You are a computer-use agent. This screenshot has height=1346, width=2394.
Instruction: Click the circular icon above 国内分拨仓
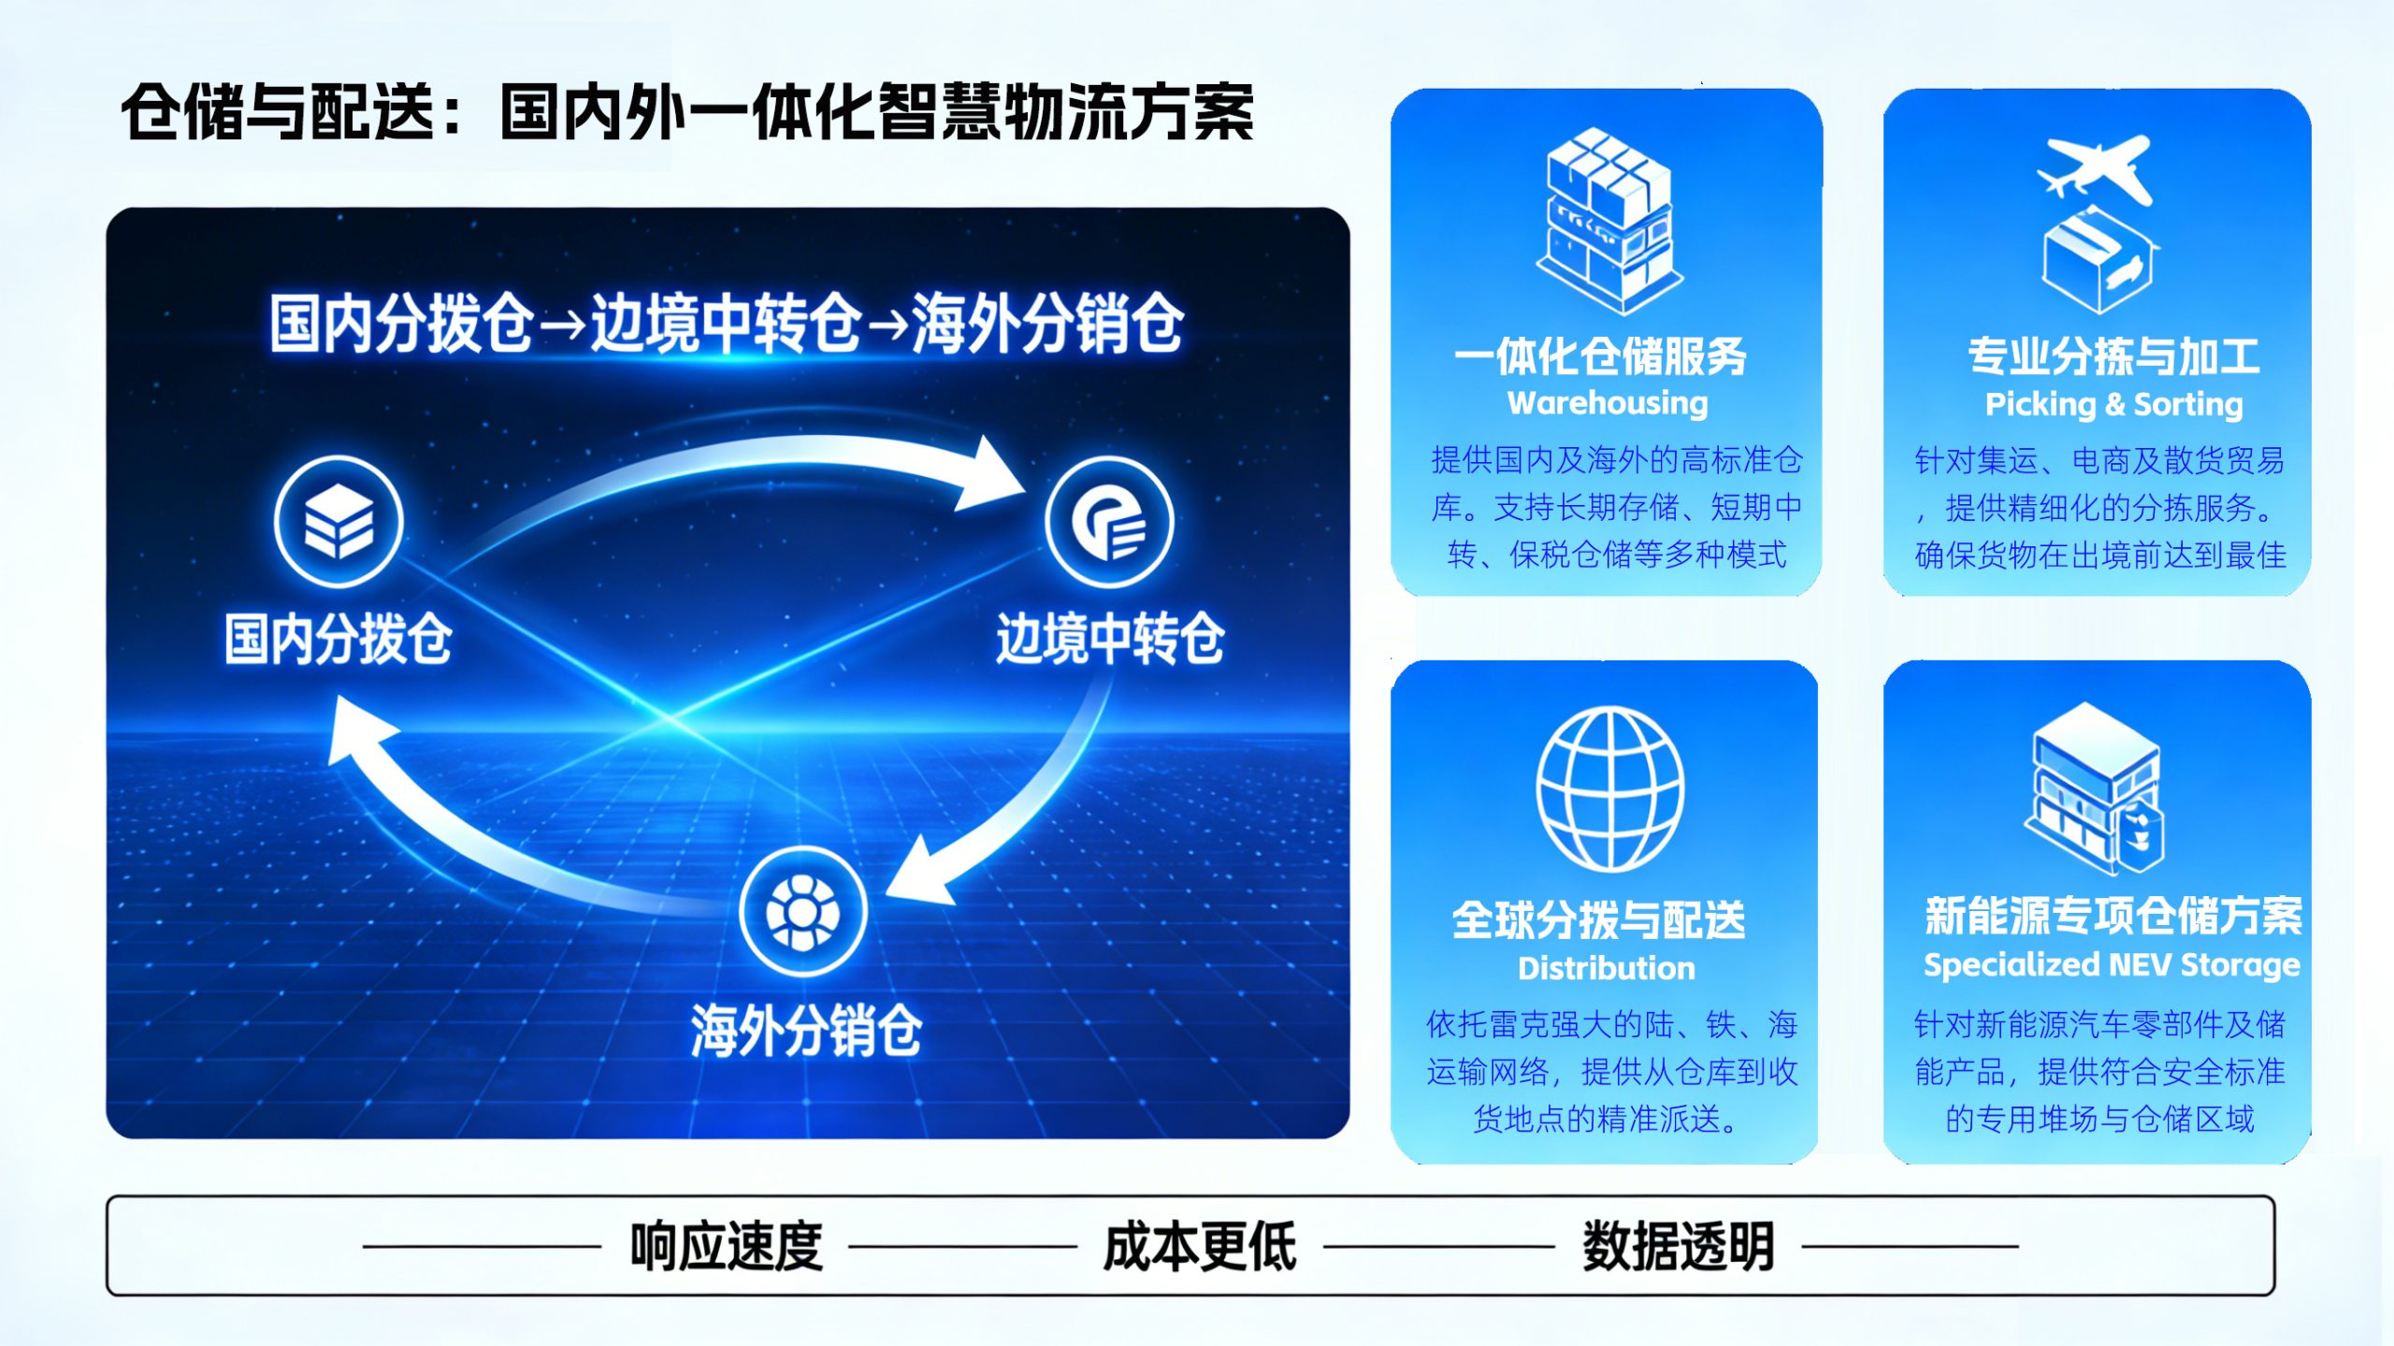coord(339,521)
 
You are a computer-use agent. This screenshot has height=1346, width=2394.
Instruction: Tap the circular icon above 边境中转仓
coord(1109,522)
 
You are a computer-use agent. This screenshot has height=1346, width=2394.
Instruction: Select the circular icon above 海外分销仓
coord(802,911)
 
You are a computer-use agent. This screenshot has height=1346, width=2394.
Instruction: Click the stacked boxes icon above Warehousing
coord(1608,221)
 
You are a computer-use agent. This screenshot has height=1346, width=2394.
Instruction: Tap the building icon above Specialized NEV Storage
coord(2096,788)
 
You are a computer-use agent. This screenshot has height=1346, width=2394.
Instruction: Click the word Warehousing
coord(1608,403)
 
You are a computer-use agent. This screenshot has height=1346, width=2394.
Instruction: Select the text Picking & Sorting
coord(2113,404)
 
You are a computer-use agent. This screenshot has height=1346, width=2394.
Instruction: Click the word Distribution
coord(1606,968)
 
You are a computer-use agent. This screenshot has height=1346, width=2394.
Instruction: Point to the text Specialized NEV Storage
coord(2112,964)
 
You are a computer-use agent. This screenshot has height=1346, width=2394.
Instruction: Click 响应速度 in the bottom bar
coord(726,1246)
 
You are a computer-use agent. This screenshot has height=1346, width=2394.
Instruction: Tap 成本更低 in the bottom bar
coord(1200,1246)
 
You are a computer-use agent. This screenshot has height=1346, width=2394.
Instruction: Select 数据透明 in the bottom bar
coord(1678,1246)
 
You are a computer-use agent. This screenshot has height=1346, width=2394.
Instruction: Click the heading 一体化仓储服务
coord(1600,355)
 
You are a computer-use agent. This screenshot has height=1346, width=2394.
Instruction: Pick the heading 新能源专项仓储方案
coord(2113,915)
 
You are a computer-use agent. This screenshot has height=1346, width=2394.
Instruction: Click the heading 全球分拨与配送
coord(1598,919)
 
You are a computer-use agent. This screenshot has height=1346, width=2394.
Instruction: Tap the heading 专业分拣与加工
coord(2113,355)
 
